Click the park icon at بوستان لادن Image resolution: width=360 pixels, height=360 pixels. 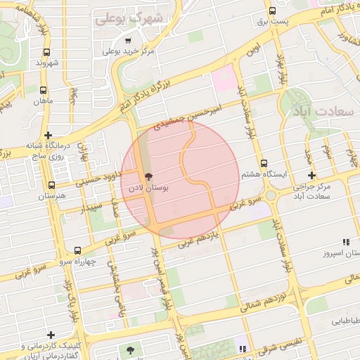(148, 176)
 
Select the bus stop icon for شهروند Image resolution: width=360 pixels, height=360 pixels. (46, 52)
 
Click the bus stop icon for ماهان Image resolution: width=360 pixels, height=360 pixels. (44, 91)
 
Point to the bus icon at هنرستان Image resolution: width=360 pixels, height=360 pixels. (51, 186)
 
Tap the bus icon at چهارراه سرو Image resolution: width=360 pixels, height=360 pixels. (77, 250)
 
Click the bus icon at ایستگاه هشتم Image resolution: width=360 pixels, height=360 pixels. (264, 163)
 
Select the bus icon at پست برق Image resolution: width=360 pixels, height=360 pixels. (272, 11)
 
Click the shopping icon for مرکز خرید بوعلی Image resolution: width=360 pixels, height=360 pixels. (128, 41)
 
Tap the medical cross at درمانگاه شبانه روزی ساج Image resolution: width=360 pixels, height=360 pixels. (47, 135)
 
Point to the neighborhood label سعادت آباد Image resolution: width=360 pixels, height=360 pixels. (322, 112)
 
